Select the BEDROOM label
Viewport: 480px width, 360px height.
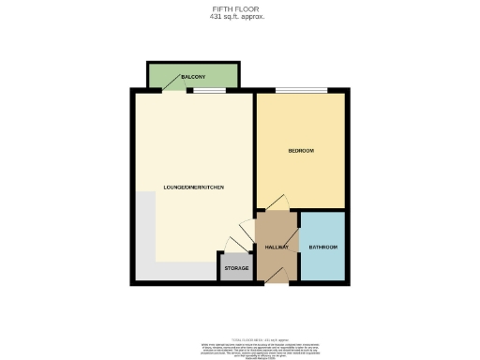(x=301, y=151)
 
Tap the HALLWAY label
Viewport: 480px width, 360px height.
(x=276, y=247)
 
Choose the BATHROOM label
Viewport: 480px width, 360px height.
(x=322, y=247)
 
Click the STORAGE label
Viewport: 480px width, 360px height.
(x=236, y=269)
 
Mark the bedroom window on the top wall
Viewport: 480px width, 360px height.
(x=301, y=90)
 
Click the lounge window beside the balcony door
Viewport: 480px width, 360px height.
(x=209, y=90)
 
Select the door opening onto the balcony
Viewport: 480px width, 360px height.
(x=174, y=90)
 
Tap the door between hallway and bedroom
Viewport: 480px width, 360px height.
(x=277, y=205)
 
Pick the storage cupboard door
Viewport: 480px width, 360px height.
(x=234, y=247)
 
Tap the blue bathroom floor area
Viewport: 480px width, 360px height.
(x=322, y=262)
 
